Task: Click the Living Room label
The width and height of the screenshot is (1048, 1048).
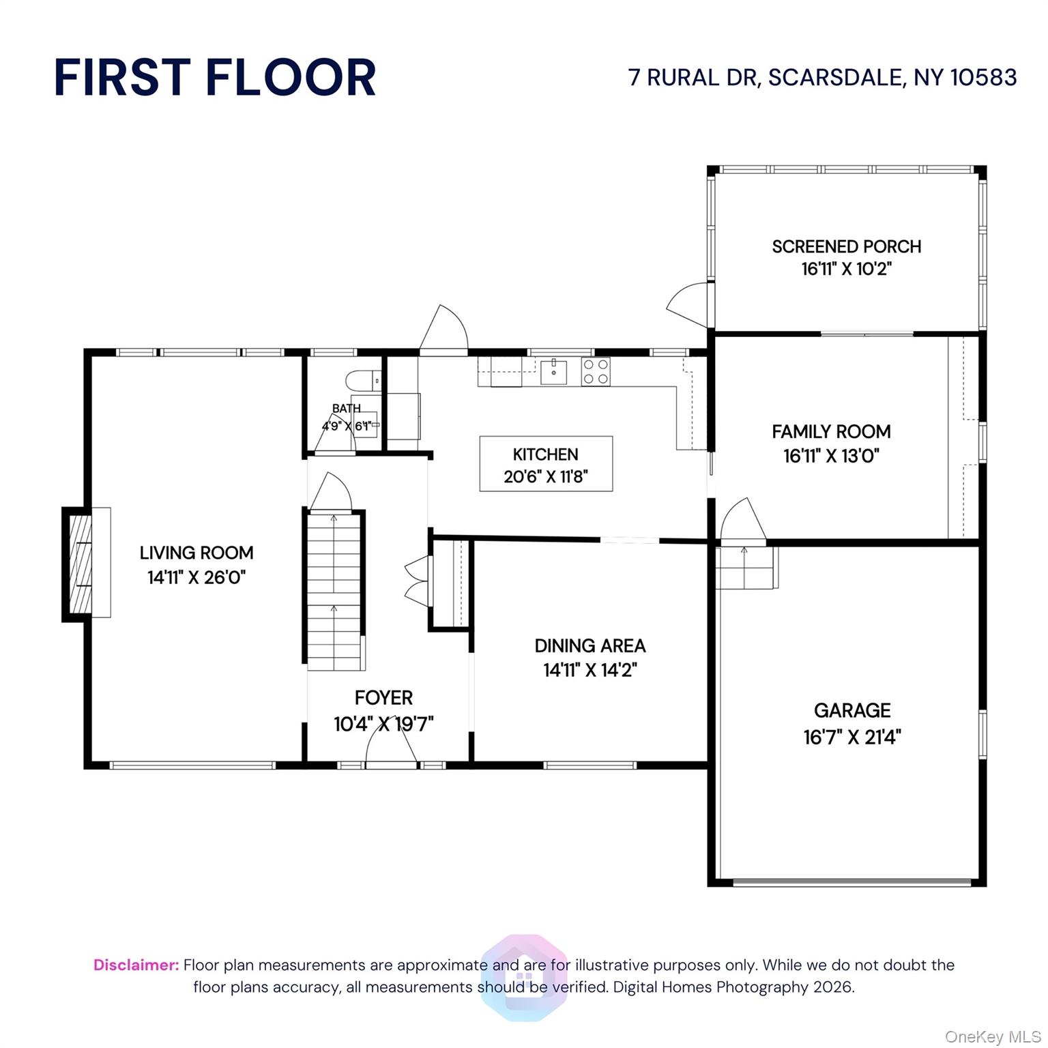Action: [x=196, y=553]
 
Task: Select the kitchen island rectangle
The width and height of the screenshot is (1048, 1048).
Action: [x=546, y=464]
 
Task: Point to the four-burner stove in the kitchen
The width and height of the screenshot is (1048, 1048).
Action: [x=596, y=372]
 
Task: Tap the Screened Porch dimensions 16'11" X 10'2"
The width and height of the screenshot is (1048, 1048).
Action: [x=846, y=269]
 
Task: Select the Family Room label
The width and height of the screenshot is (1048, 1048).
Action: [x=831, y=432]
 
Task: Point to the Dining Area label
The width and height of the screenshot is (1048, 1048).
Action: [x=590, y=645]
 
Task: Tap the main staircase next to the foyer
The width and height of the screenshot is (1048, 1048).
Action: [x=334, y=591]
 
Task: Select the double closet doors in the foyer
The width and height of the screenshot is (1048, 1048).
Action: [x=418, y=580]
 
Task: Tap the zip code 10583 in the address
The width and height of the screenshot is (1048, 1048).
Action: [x=983, y=77]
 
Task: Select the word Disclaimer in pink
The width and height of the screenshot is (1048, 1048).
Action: [x=136, y=965]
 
